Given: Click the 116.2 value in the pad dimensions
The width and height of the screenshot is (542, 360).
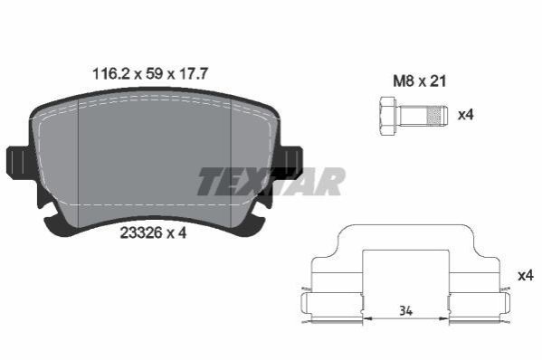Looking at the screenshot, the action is point(110,73).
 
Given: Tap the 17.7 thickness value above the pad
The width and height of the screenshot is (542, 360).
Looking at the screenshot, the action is point(193,73).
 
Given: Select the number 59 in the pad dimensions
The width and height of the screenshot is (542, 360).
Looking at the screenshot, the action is point(154,73).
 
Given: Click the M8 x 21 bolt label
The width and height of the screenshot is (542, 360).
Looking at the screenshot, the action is point(420,81).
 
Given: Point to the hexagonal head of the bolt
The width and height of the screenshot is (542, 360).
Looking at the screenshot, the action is point(388,116).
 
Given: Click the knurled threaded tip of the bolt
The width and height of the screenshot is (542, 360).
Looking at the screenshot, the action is point(437,116).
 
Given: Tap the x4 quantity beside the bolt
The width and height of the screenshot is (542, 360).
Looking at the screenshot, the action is point(466,114).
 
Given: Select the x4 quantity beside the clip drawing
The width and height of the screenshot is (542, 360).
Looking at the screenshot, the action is point(526,276).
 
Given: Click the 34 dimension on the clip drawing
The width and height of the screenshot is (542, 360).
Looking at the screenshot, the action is point(405,311).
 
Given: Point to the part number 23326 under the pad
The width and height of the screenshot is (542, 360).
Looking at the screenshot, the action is point(141,232).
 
